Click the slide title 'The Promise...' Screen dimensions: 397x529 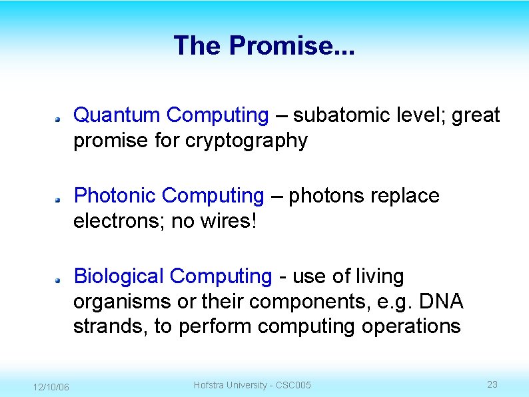click(264, 46)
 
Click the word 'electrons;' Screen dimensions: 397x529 click(119, 221)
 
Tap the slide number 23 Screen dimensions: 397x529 click(492, 384)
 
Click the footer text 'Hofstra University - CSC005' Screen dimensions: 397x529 click(252, 385)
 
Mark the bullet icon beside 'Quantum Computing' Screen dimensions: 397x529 click(59, 117)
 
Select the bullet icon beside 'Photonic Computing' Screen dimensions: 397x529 click(59, 198)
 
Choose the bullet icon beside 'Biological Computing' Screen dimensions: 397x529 click(59, 278)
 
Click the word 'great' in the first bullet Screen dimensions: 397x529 click(476, 115)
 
